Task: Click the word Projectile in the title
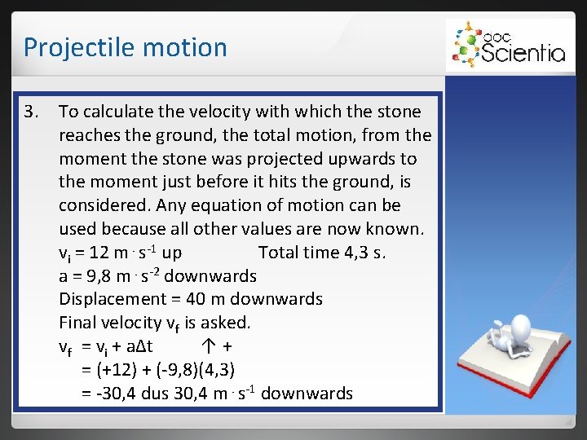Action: (x=71, y=47)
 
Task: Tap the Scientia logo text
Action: (x=522, y=53)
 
